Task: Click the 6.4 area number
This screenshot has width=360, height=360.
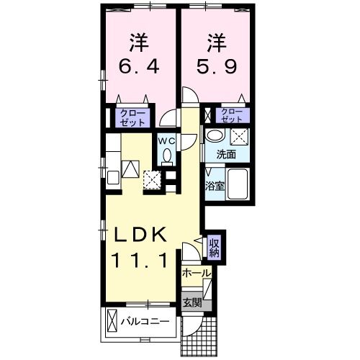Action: click(139, 69)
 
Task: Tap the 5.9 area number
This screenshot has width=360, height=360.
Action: click(215, 69)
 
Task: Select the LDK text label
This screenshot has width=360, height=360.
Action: click(141, 235)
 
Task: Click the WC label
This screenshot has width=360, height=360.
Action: click(166, 140)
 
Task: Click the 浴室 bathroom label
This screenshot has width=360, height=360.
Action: click(214, 185)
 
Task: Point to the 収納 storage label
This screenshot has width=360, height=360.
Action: click(215, 248)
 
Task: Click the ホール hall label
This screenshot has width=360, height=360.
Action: click(196, 274)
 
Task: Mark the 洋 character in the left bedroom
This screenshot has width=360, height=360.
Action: click(139, 40)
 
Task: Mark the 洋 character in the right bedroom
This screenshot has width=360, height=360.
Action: click(215, 40)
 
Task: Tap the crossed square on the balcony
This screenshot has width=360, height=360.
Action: click(112, 320)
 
